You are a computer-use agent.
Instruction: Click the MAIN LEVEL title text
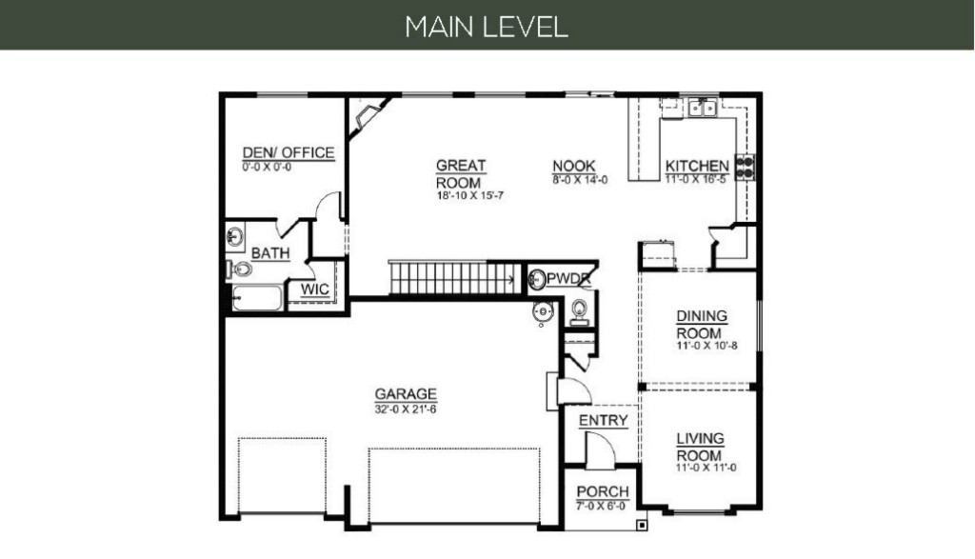487,27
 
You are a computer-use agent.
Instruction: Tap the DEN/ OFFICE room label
289,153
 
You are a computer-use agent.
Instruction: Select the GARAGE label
406,394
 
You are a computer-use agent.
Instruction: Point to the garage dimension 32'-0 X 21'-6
406,409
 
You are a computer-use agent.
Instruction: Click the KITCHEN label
697,166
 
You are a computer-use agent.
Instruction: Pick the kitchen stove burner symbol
746,167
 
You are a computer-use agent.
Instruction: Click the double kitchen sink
703,109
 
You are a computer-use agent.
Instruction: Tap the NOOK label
574,166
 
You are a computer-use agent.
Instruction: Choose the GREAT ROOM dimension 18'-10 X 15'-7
470,195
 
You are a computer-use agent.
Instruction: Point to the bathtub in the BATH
257,297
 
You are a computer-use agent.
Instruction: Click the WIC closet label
314,289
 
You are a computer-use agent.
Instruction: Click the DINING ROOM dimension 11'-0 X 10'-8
707,346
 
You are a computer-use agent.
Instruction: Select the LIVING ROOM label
700,447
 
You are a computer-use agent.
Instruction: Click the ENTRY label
603,421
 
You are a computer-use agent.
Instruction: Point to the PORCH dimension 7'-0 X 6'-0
602,506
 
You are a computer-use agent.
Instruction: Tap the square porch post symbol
642,526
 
